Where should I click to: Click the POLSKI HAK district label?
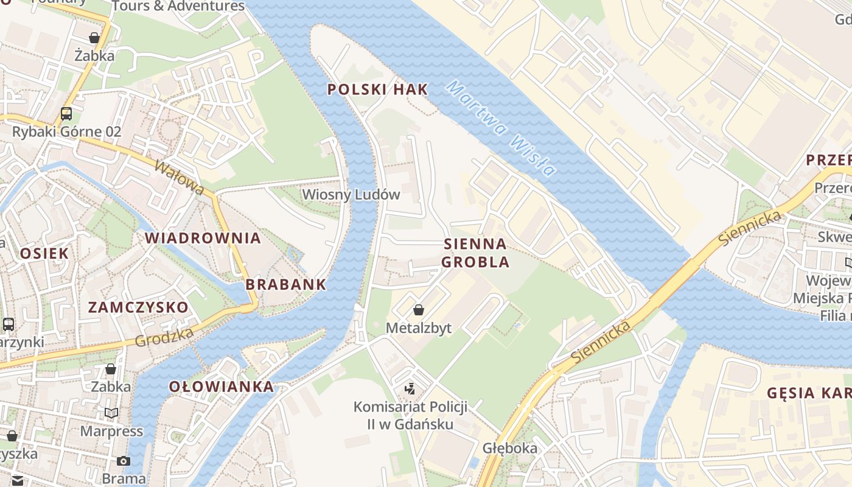pos(377,89)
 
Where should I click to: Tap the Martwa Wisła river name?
pos(500,128)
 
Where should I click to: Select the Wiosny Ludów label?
pos(351,195)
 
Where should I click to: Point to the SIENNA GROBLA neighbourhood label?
pos(475,253)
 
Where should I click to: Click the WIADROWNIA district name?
pos(203,238)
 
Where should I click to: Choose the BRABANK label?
pos(285,284)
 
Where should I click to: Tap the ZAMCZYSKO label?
pos(138,307)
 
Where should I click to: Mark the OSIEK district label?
pos(44,253)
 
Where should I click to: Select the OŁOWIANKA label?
pos(221,387)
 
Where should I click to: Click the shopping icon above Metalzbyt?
pos(419,310)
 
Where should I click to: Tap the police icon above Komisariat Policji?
pos(410,389)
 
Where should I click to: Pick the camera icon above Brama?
pos(124,461)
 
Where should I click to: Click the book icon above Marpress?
pos(111,413)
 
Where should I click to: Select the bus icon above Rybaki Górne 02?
pos(66,114)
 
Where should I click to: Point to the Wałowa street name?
pos(180,178)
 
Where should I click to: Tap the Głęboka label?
pos(510,449)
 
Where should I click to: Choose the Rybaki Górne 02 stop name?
pos(67,131)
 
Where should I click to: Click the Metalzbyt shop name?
pos(419,328)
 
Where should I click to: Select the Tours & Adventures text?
pos(178,6)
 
